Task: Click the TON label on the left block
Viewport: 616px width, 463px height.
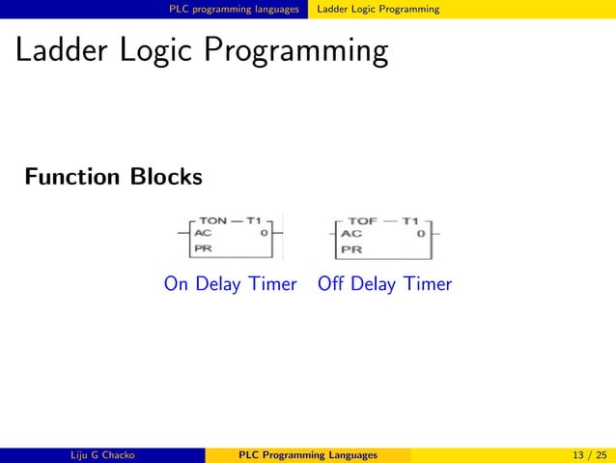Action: tap(212, 220)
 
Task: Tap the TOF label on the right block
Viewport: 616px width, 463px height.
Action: tap(364, 220)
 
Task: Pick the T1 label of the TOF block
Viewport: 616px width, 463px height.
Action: tap(411, 220)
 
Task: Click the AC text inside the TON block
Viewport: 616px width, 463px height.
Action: tap(204, 233)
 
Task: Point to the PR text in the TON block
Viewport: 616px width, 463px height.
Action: tap(204, 248)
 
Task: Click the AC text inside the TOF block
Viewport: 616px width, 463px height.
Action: tap(350, 234)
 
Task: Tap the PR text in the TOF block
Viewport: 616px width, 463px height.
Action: tap(350, 249)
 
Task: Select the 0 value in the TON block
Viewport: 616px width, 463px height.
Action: tap(264, 233)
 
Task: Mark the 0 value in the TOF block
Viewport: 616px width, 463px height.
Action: tap(420, 234)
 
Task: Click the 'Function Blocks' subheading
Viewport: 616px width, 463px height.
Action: tap(114, 178)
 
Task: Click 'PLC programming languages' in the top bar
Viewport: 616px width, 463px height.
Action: tap(234, 9)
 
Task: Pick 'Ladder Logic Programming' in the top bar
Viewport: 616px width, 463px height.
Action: tap(378, 9)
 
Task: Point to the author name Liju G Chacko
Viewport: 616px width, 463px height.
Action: tap(101, 455)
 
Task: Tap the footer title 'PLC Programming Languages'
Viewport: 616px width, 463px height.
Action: tap(308, 455)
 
